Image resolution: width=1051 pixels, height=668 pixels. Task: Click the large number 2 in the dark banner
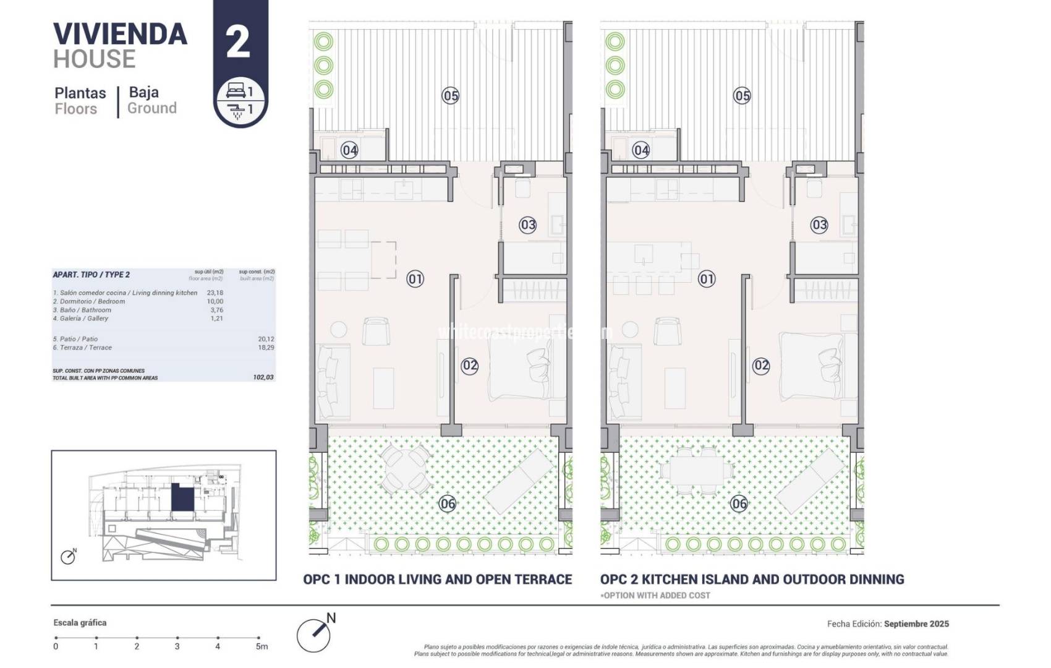239,42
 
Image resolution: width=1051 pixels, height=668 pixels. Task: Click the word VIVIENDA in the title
120,34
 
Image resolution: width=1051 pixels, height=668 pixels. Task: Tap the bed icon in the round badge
236,91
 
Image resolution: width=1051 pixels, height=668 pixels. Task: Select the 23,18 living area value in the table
215,293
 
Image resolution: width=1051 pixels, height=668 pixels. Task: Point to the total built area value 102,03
263,377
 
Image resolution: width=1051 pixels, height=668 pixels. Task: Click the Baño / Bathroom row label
82,310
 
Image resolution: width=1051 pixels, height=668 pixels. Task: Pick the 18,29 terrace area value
266,348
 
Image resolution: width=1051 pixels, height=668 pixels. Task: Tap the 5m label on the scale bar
262,646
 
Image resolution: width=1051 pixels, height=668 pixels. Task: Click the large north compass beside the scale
313,635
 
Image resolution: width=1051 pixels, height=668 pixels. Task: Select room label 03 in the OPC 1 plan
527,225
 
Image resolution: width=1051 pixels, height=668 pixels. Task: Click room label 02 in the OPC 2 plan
761,366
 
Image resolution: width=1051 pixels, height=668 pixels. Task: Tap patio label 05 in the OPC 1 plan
451,96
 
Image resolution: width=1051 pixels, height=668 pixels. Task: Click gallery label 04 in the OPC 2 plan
641,150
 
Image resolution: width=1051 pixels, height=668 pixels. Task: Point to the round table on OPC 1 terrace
405,469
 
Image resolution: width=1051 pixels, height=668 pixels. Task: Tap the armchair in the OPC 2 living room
667,332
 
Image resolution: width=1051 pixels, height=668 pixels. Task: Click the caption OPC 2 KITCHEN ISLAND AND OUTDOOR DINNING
752,580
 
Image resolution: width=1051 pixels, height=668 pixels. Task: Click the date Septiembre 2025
916,624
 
